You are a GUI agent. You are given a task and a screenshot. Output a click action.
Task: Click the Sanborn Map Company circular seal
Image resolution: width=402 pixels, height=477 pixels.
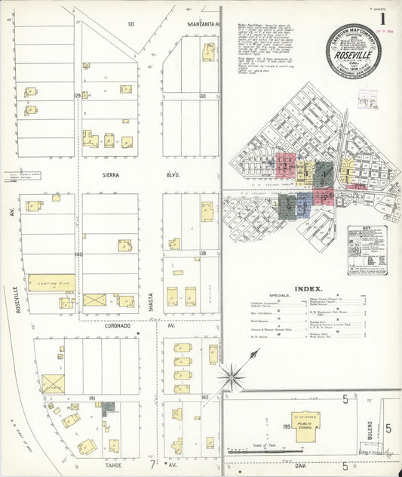353,51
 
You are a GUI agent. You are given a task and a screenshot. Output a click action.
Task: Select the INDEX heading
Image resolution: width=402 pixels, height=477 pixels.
308,289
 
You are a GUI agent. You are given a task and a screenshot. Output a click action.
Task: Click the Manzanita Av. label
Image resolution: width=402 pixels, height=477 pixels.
204,24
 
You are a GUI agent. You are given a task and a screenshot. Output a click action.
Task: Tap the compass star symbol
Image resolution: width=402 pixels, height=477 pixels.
232,374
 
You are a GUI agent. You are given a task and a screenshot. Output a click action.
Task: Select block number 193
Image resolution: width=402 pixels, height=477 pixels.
287,426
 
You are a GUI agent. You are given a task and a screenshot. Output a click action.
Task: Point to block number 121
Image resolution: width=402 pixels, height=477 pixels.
130,24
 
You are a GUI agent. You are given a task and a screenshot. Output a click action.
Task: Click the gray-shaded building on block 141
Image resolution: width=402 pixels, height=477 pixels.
108,407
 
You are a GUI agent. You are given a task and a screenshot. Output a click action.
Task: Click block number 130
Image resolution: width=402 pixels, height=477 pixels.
202,97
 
